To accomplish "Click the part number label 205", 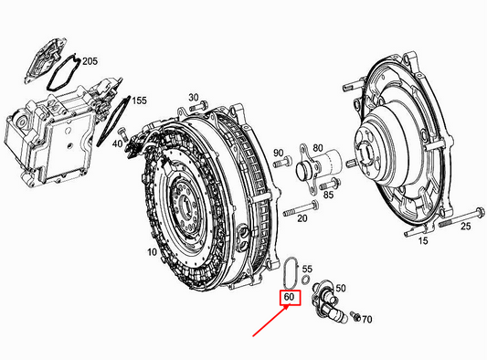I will coord(90,61).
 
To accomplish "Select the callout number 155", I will coord(138,101).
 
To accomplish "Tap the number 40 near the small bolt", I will coord(118,143).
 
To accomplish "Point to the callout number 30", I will coord(193,97).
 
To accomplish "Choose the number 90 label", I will coord(279,152).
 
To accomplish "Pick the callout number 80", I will coord(318,147).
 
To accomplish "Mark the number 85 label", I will coord(330,194).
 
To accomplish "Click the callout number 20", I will coord(302,218).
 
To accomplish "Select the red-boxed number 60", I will coord(288,298).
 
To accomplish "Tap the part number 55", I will coord(307,271).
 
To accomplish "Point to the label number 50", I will coord(342,289).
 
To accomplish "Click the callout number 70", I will coord(367,321).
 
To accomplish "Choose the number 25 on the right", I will coord(465,226).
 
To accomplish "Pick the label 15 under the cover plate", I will coord(422,241).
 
